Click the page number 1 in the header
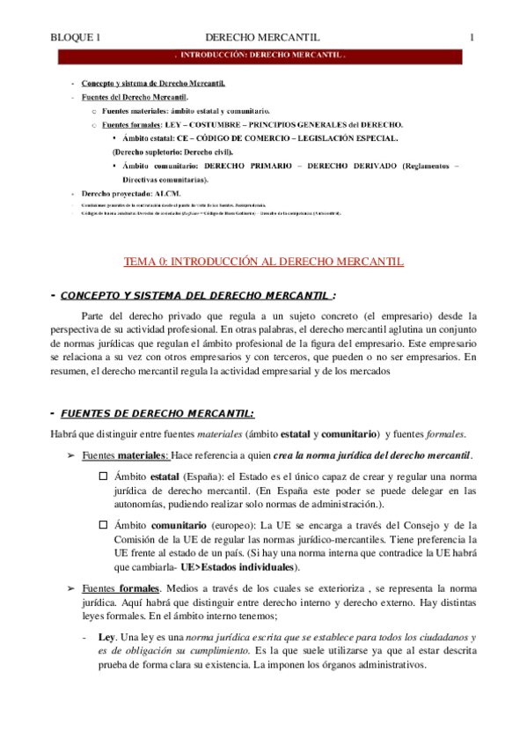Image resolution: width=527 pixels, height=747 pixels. pos(472,38)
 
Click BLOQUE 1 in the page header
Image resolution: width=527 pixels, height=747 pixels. pos(77,38)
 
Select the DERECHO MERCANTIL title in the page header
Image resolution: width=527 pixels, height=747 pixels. pos(261,38)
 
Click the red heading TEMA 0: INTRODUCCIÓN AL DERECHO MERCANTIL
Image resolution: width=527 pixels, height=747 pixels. pos(263,261)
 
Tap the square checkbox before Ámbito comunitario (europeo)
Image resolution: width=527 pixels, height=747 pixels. pos(103,524)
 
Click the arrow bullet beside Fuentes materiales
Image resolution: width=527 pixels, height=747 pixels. pos(71,455)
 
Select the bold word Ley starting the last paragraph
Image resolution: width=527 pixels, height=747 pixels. pos(107,636)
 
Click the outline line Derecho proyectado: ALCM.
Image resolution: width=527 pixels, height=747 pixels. pos(131,191)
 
